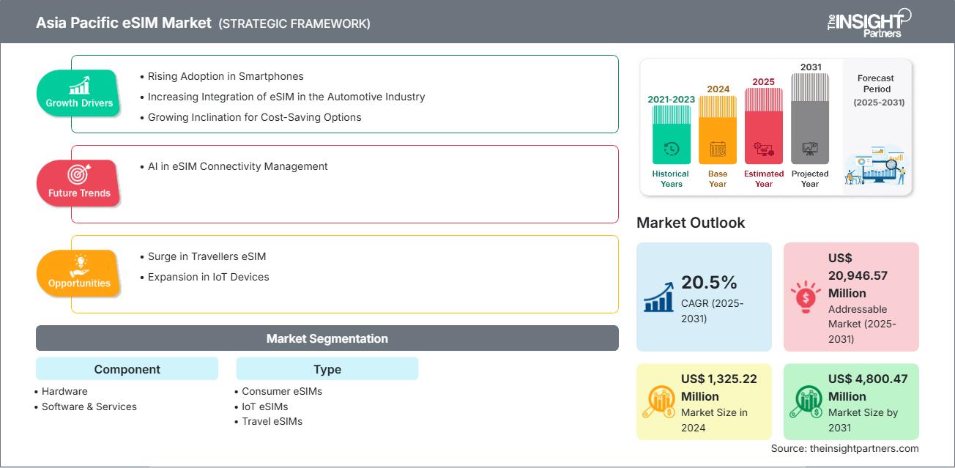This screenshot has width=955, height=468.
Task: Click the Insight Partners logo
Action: [x=868, y=22]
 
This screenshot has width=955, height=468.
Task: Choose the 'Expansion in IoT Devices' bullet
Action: [x=208, y=277]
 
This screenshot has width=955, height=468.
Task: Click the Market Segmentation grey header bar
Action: [x=327, y=338]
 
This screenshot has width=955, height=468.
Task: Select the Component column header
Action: [x=127, y=369]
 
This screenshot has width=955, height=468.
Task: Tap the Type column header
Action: [x=327, y=369]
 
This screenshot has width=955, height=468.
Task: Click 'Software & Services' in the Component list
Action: [x=89, y=406]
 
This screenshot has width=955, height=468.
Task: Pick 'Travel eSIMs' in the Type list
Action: [x=272, y=421]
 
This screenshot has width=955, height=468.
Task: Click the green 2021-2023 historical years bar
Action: [x=671, y=135]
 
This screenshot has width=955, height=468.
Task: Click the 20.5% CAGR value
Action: [x=709, y=283]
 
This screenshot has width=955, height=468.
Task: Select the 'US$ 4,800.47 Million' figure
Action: [x=866, y=387]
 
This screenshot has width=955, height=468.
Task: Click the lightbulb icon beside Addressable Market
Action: [x=806, y=297]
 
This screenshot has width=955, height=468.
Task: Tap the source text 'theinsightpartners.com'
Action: [x=863, y=448]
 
